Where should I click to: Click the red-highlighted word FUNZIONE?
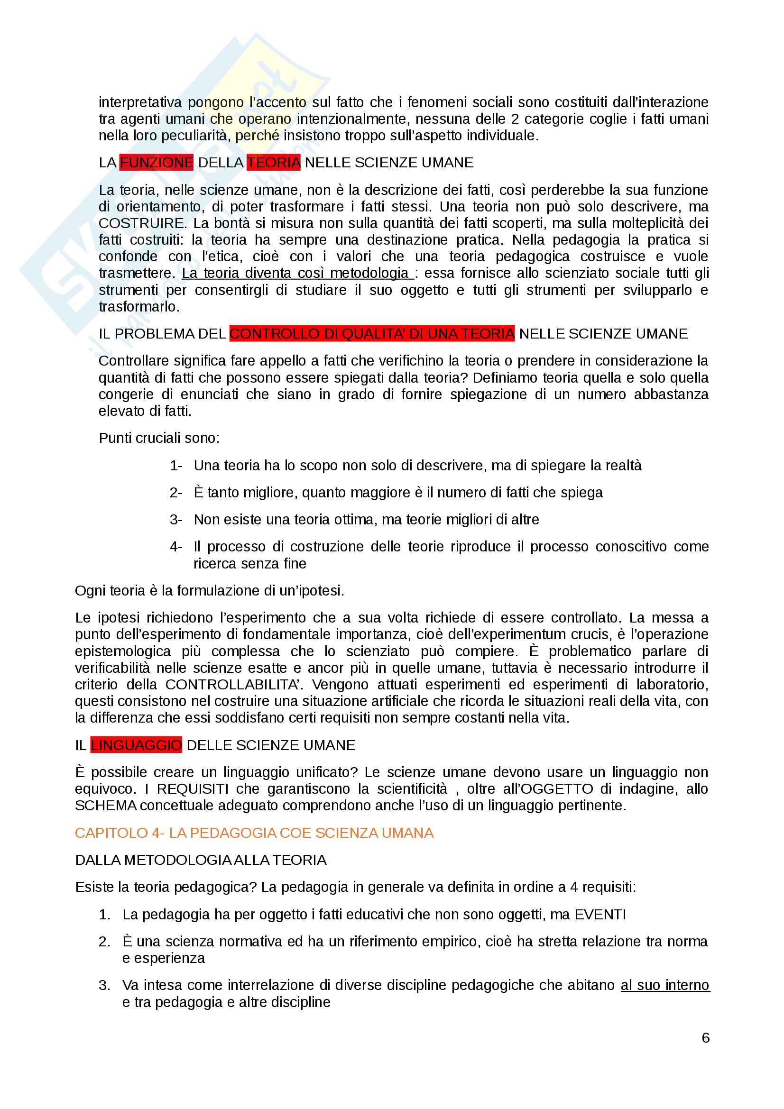point(156,163)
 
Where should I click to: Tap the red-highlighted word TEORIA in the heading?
point(273,163)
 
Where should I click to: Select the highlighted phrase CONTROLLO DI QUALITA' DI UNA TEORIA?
point(371,334)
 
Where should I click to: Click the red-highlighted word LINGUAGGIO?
point(136,745)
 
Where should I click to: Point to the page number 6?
point(705,1037)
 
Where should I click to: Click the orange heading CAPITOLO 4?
point(254,833)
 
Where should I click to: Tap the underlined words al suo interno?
point(664,985)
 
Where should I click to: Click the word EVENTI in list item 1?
point(600,914)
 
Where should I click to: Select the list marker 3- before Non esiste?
point(176,520)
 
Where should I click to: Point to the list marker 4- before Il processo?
point(176,547)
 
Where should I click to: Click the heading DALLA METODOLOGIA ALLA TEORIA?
point(201,860)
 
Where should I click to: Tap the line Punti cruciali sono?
point(159,438)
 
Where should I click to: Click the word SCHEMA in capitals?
point(106,805)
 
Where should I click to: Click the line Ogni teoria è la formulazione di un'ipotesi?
point(209,591)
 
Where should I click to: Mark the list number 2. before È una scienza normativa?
point(104,942)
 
